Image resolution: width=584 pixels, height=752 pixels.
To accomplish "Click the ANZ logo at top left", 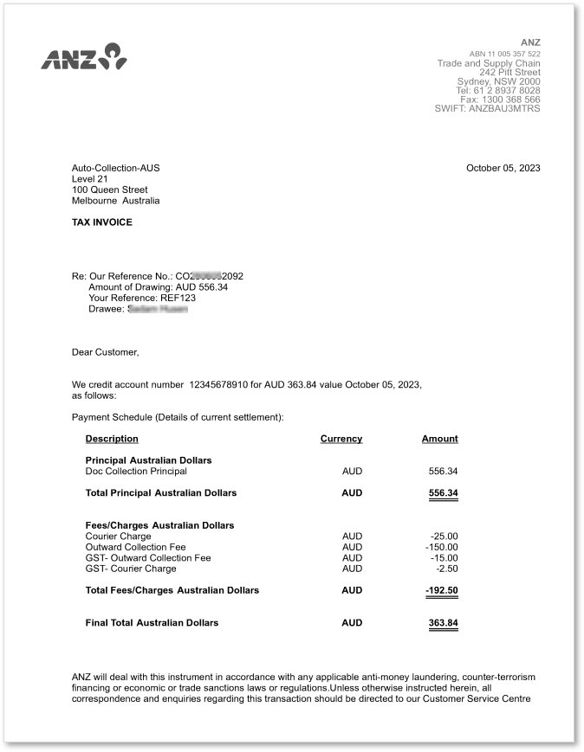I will pyautogui.click(x=84, y=56).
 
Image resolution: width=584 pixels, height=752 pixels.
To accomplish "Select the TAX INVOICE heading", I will pyautogui.click(x=102, y=222).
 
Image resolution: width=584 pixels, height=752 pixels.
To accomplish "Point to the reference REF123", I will pyautogui.click(x=178, y=298).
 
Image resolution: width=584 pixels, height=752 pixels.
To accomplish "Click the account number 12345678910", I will pyautogui.click(x=218, y=384).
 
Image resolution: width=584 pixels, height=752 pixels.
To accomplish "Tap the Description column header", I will pyautogui.click(x=112, y=439).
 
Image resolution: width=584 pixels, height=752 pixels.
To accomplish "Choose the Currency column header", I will pyautogui.click(x=341, y=439).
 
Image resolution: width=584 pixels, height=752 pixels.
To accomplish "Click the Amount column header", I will pyautogui.click(x=439, y=439).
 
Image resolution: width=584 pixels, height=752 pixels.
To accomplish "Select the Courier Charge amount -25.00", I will pyautogui.click(x=444, y=537).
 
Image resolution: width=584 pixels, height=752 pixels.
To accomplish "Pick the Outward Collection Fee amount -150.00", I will pyautogui.click(x=442, y=547).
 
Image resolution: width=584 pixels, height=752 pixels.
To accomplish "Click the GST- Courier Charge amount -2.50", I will pyautogui.click(x=447, y=569).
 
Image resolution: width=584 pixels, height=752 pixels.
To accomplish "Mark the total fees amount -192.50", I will pyautogui.click(x=442, y=590).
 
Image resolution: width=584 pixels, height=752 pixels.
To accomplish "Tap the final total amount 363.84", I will pyautogui.click(x=443, y=622).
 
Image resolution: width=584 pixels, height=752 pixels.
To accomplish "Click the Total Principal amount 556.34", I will pyautogui.click(x=443, y=493).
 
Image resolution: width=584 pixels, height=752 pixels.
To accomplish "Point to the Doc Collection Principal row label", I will pyautogui.click(x=136, y=472).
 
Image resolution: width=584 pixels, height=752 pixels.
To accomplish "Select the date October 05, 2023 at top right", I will pyautogui.click(x=503, y=168).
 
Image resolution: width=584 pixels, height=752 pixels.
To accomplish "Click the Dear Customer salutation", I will pyautogui.click(x=105, y=352).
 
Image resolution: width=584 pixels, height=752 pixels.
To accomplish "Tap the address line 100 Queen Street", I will pyautogui.click(x=109, y=190).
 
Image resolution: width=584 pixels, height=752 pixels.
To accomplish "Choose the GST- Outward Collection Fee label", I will pyautogui.click(x=148, y=558).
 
